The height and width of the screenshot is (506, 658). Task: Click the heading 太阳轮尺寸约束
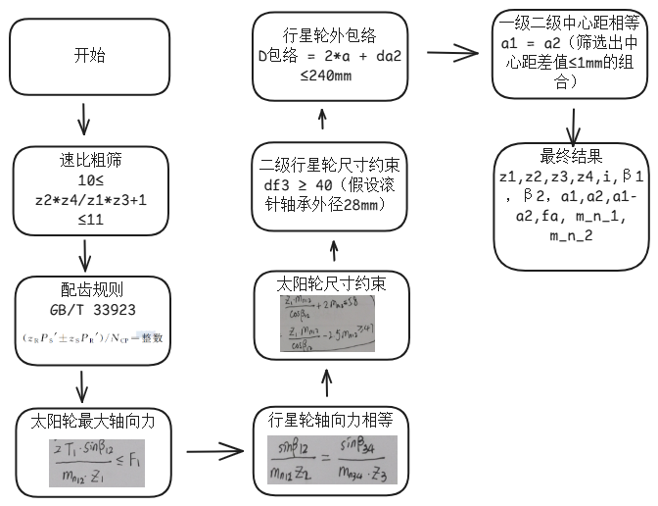(x=330, y=284)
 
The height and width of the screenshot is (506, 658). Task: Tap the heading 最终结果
(x=571, y=155)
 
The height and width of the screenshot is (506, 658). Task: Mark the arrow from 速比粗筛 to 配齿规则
(x=85, y=255)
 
